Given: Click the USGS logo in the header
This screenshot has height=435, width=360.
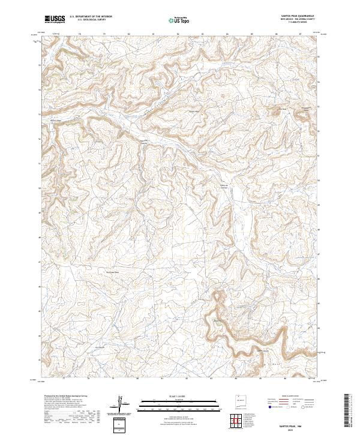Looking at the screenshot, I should [x=55, y=19].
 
